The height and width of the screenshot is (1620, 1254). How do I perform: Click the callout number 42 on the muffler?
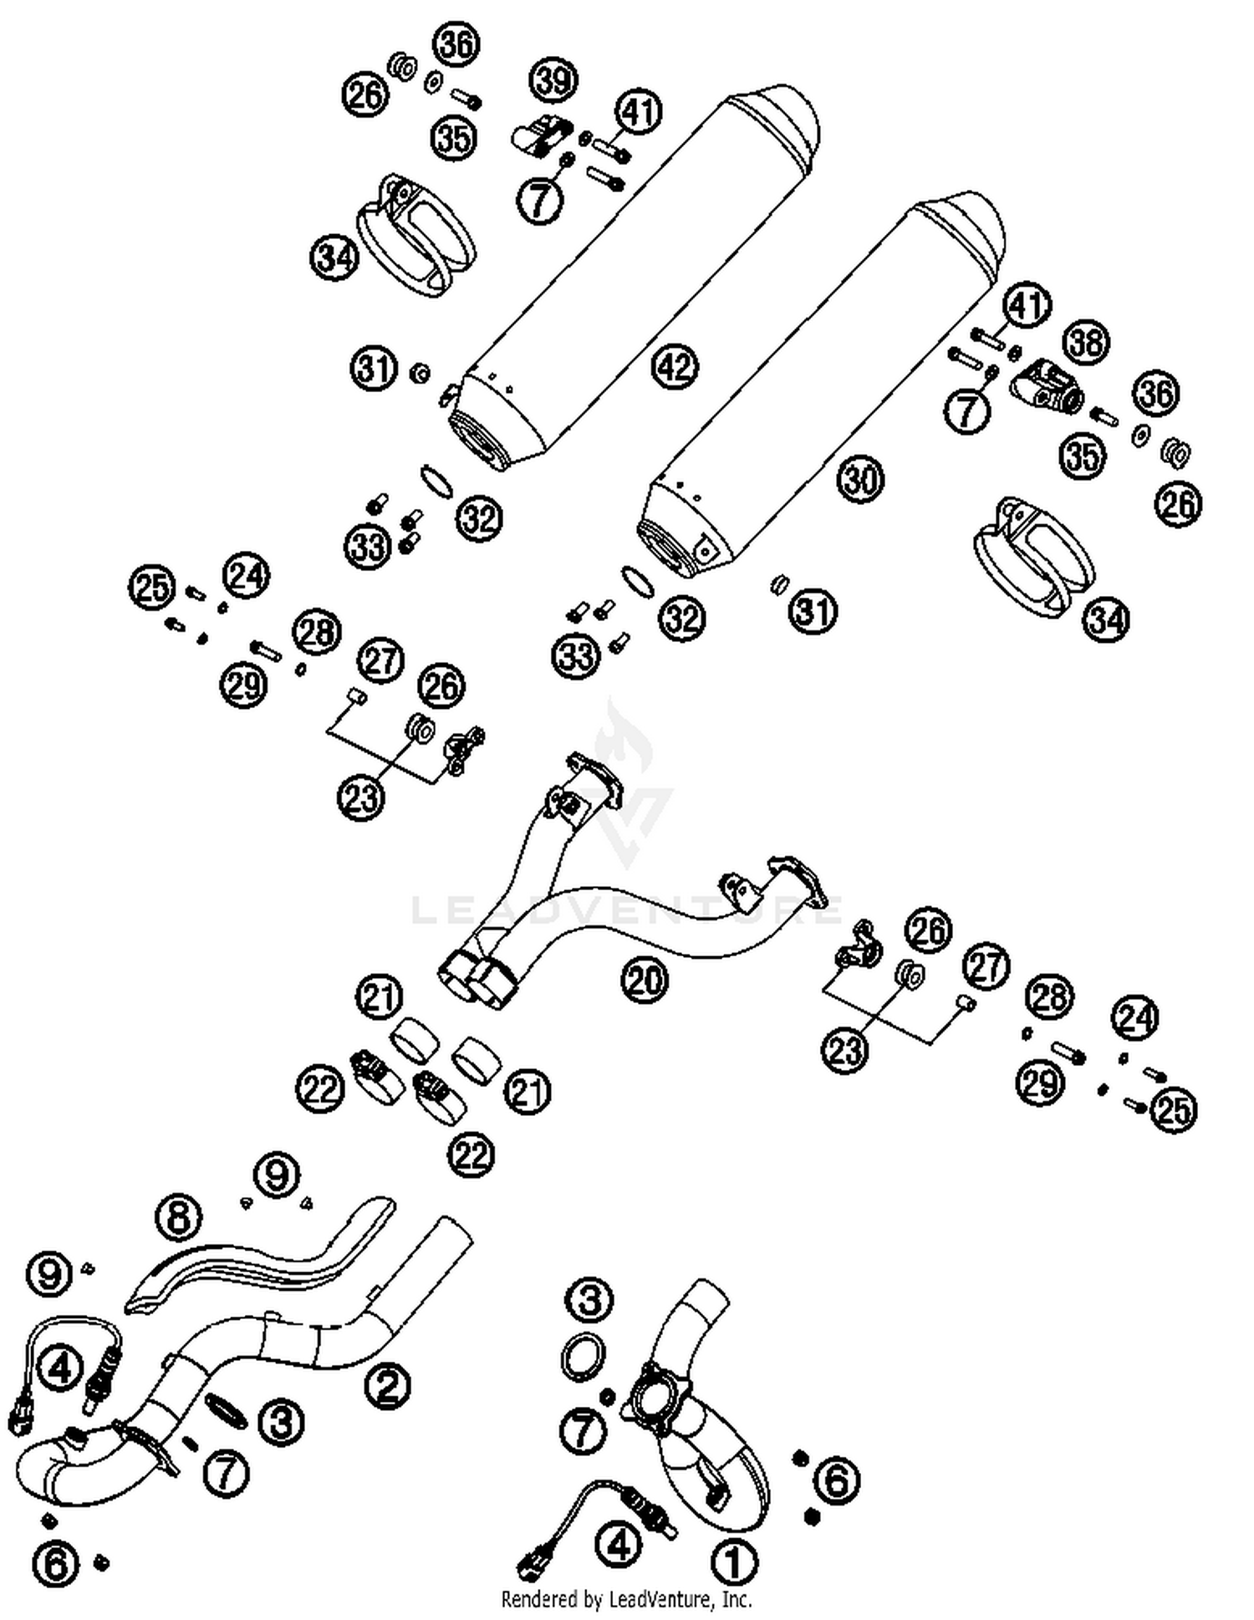tap(675, 366)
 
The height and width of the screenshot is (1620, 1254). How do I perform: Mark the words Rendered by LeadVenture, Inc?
tap(626, 1599)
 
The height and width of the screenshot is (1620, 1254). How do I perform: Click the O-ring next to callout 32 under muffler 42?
tap(436, 481)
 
